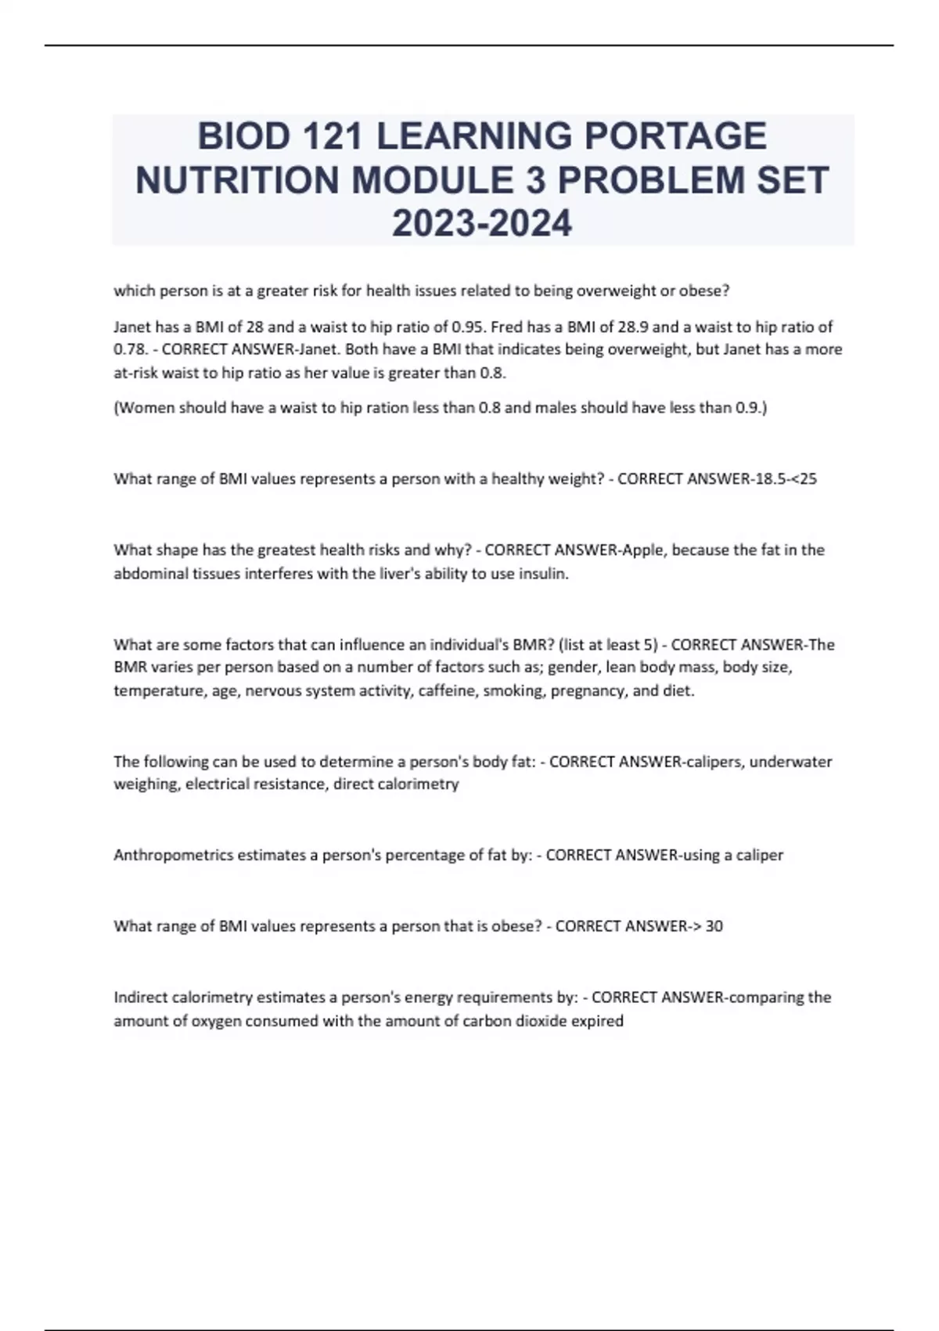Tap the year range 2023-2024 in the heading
pos(482,224)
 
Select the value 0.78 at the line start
pos(128,349)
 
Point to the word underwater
pos(790,762)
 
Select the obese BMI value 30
pos(714,926)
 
